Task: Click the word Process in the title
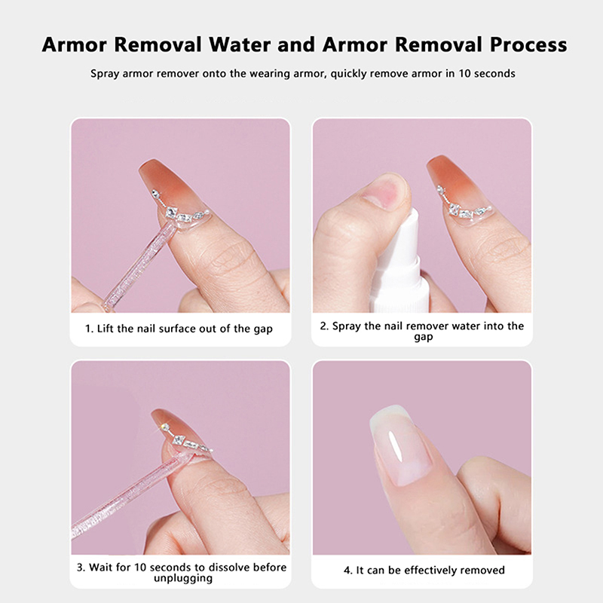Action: [x=528, y=44]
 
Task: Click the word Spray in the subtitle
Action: [x=105, y=74]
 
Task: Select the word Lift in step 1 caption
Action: [x=106, y=329]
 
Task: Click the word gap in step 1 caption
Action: [x=263, y=329]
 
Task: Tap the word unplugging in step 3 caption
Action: [x=183, y=579]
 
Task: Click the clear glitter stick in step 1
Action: [x=139, y=265]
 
